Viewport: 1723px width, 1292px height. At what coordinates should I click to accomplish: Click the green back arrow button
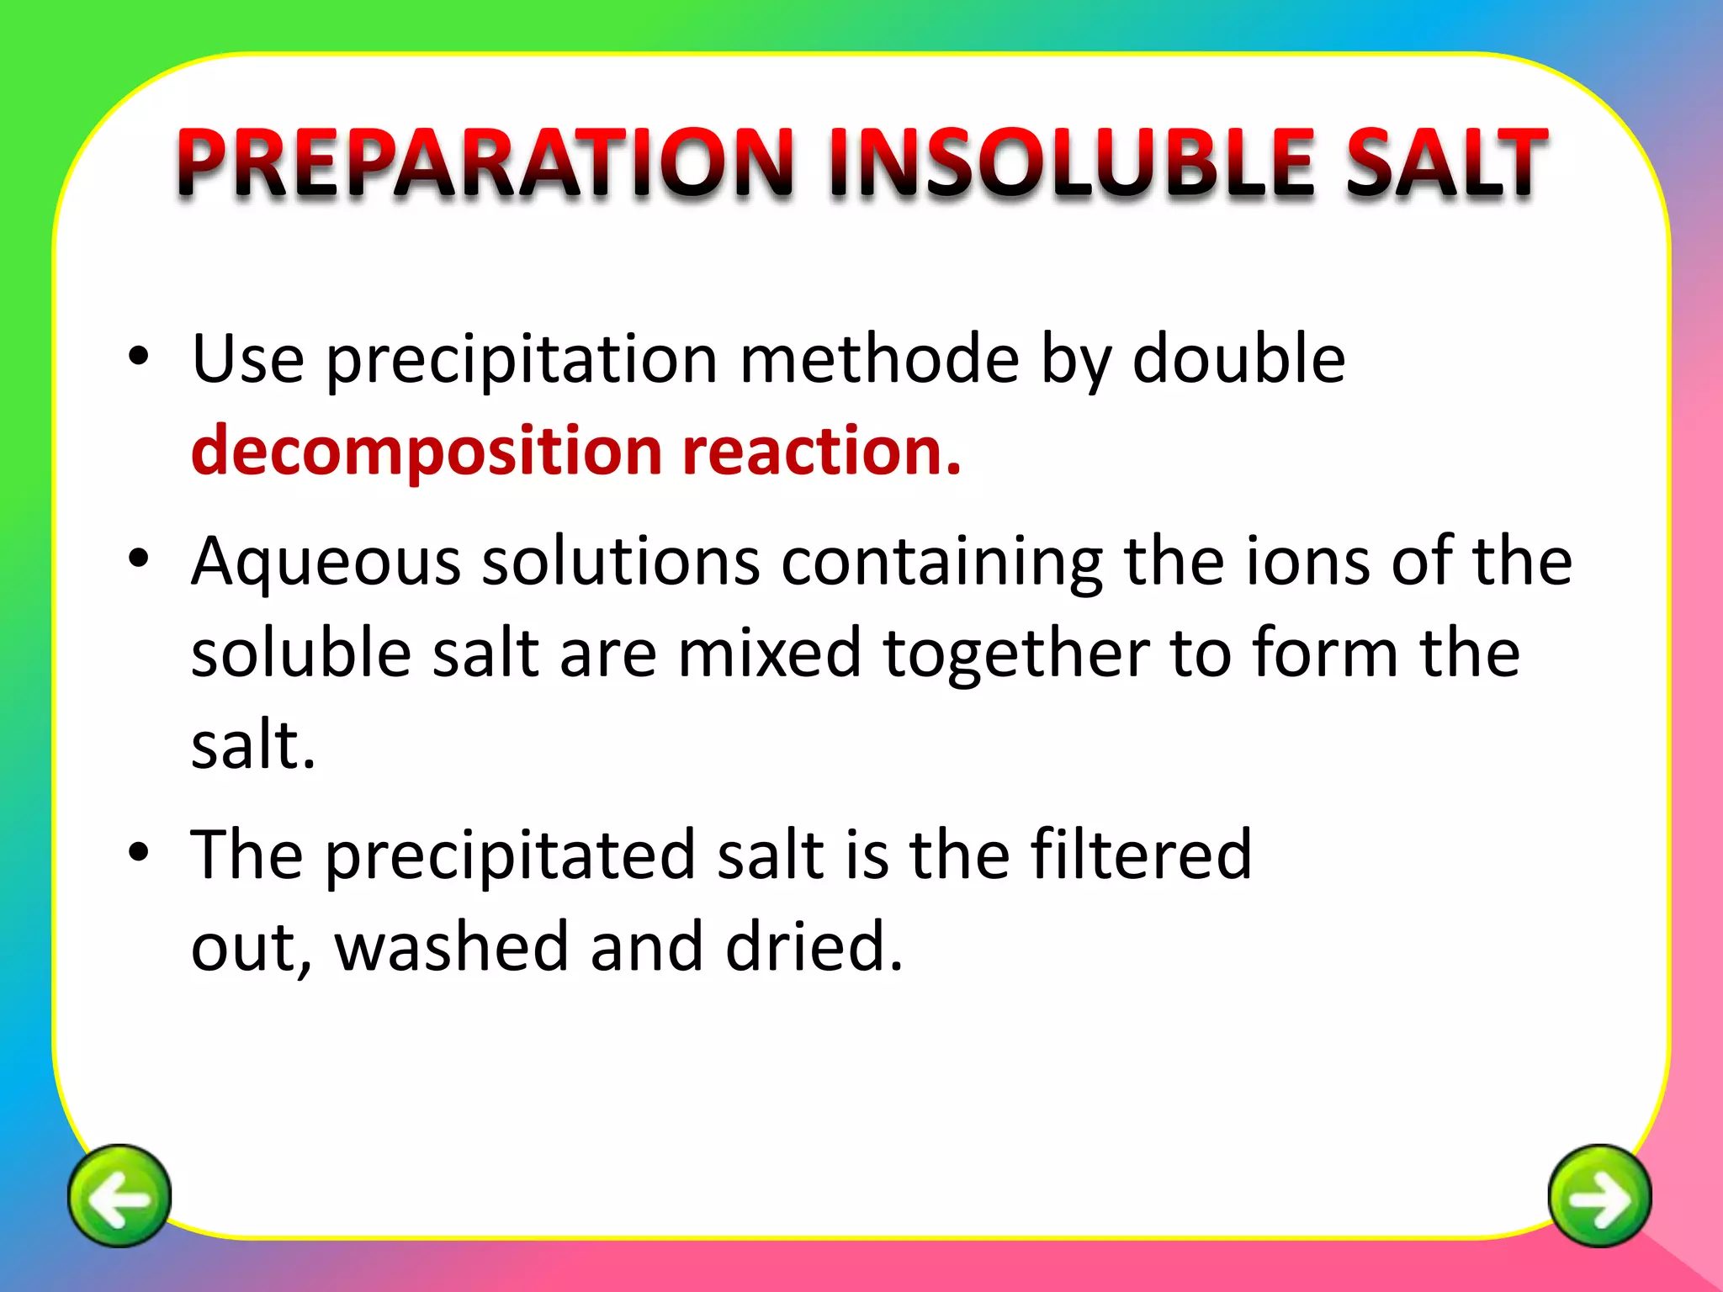pos(119,1195)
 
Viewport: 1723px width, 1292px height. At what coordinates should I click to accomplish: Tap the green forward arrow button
pos(1599,1195)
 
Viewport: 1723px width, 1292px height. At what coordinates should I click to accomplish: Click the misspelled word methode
pos(879,359)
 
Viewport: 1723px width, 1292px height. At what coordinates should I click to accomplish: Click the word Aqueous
pos(326,562)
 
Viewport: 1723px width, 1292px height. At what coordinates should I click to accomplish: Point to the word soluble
pos(301,654)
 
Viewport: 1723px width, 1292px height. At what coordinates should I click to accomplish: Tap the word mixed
pos(770,654)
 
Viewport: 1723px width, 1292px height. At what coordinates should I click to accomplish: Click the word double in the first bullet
pos(1238,359)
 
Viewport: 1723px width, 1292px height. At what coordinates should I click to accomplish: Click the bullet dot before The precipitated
pos(139,851)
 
